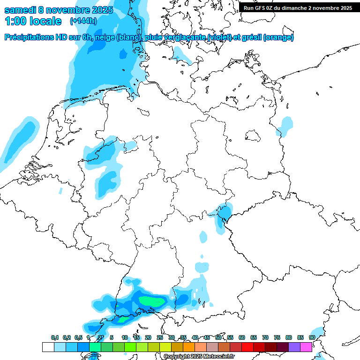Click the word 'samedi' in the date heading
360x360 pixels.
point(22,10)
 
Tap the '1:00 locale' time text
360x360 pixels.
point(33,21)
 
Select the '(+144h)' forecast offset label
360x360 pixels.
point(83,21)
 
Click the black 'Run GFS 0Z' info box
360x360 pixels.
point(298,7)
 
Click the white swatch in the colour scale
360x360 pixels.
point(48,347)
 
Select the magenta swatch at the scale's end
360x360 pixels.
point(306,347)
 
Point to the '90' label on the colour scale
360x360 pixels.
point(312,337)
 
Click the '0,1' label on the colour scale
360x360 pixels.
point(55,337)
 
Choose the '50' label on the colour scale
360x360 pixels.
point(218,337)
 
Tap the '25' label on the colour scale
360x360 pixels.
point(160,337)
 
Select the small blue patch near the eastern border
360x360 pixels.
point(285,125)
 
